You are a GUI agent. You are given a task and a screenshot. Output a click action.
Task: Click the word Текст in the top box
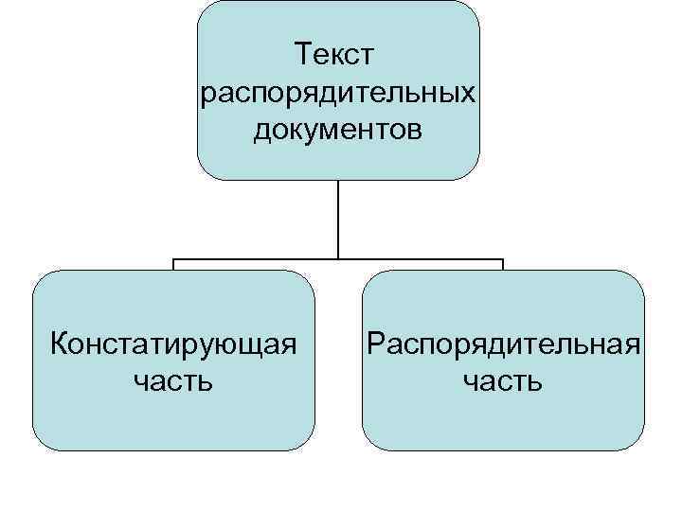pyautogui.click(x=337, y=56)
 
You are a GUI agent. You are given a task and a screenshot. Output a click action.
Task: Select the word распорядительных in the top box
pyautogui.click(x=338, y=94)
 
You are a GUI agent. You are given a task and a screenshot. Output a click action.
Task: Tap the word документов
pyautogui.click(x=338, y=130)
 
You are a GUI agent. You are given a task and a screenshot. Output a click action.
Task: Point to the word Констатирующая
pyautogui.click(x=173, y=343)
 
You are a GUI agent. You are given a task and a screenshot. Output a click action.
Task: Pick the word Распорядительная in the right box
pyautogui.click(x=503, y=343)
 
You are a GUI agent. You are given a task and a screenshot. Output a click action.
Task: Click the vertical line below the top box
pyautogui.click(x=338, y=218)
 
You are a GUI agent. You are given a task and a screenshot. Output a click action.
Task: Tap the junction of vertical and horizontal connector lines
pyautogui.click(x=338, y=258)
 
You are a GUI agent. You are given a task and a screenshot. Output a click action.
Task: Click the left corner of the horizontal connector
pyautogui.click(x=173, y=258)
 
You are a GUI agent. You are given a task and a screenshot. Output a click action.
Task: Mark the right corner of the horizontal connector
pyautogui.click(x=503, y=258)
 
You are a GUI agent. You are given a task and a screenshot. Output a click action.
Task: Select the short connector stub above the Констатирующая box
pyautogui.click(x=173, y=264)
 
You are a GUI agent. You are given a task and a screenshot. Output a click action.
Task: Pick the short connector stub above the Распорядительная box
pyautogui.click(x=503, y=264)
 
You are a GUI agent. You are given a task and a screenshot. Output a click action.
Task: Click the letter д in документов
pyautogui.click(x=262, y=132)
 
